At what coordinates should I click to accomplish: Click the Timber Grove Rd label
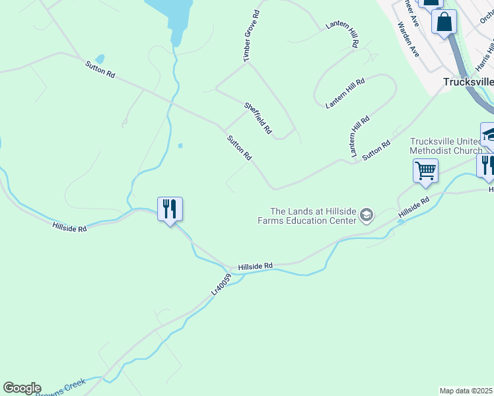click(251, 36)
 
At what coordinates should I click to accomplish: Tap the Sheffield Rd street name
click(258, 118)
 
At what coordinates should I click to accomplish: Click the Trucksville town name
click(468, 82)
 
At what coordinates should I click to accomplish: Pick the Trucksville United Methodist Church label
click(446, 146)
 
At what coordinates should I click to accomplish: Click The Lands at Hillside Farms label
click(307, 215)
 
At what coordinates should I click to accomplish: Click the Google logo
click(22, 388)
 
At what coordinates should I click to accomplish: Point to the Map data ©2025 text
click(466, 391)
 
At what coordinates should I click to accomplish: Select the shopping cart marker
click(425, 171)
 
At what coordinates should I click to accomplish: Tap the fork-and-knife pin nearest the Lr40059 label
click(170, 209)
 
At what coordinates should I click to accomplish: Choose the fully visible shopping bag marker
click(444, 21)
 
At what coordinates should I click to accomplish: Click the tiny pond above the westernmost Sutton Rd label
click(100, 59)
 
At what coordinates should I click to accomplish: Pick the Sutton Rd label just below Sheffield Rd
click(239, 148)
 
